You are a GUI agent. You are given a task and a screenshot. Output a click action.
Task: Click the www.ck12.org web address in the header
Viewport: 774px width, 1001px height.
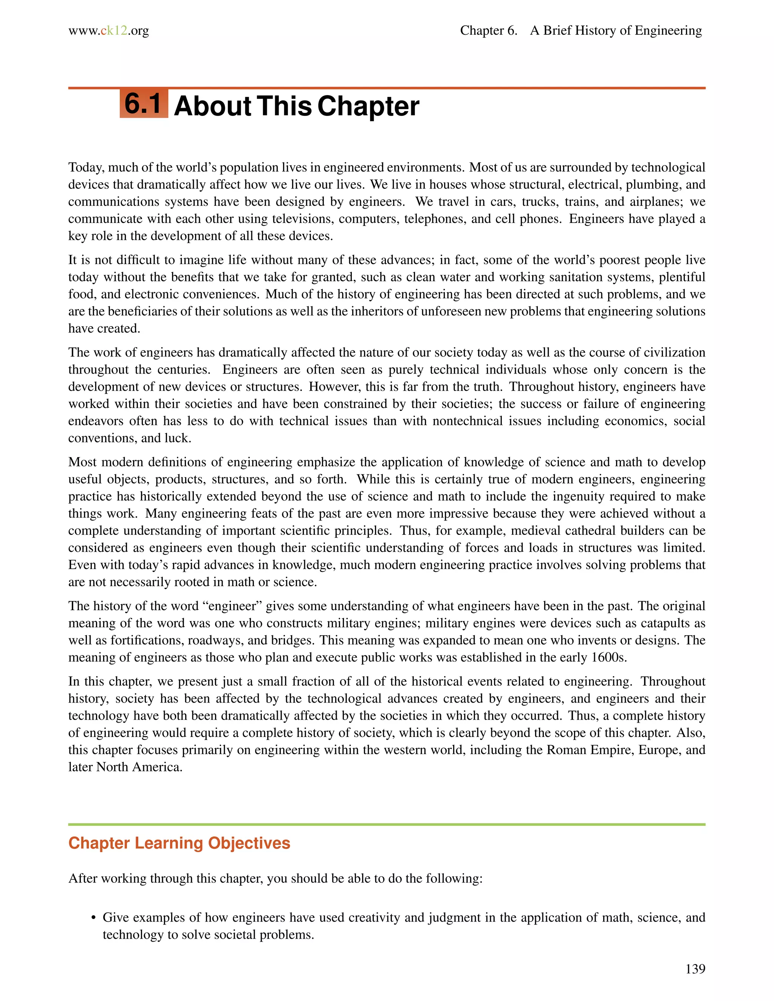109,31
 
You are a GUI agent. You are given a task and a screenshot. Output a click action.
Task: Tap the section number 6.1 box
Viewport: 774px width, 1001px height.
144,104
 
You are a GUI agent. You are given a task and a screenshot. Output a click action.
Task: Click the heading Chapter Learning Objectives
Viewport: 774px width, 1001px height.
179,843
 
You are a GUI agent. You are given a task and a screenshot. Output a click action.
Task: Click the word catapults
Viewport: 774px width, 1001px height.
667,623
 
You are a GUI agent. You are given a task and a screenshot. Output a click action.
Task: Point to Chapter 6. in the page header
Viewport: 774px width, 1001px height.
488,31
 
